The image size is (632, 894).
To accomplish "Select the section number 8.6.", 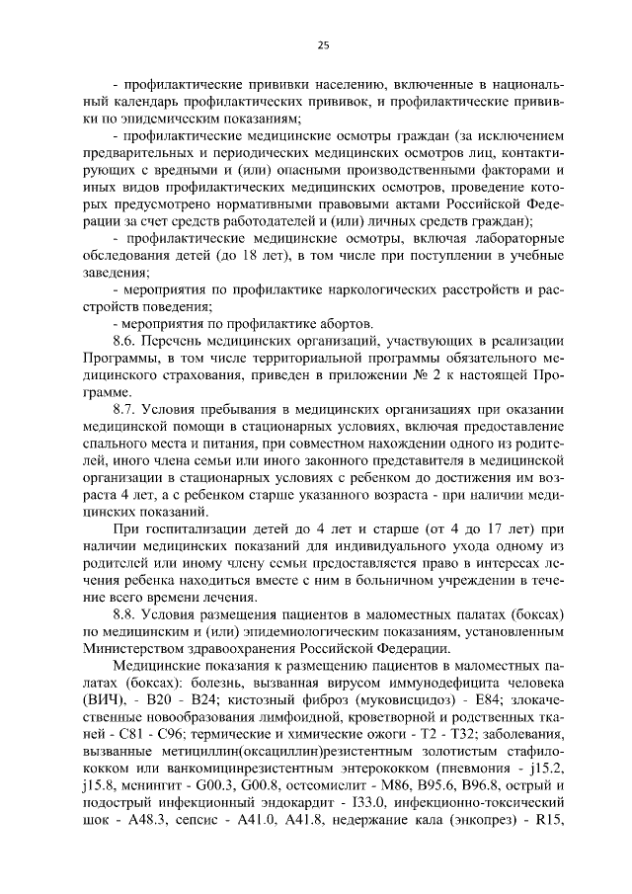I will pyautogui.click(x=128, y=340).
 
